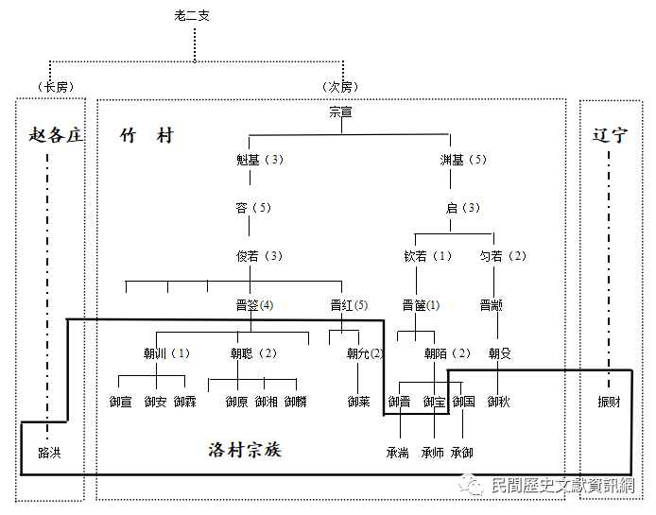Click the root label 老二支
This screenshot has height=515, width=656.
[x=194, y=15]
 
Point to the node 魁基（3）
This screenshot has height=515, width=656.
[x=260, y=160]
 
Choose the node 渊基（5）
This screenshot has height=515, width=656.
[x=463, y=160]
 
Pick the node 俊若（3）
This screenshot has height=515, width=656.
[x=260, y=256]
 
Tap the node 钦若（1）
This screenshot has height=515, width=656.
[x=428, y=256]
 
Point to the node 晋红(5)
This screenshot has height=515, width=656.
[x=349, y=305]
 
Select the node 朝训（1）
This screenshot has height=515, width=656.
[x=166, y=353]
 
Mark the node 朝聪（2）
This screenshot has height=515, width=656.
[x=253, y=353]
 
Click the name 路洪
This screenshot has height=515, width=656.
[x=49, y=453]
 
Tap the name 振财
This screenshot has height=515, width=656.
[x=610, y=402]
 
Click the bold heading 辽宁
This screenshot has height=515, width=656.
[x=610, y=135]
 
